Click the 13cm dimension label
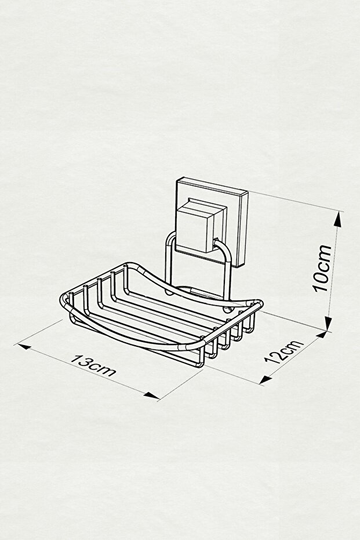pyautogui.click(x=93, y=365)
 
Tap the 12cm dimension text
pyautogui.click(x=285, y=351)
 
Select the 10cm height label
pyautogui.click(x=322, y=269)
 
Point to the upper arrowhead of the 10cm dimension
pyautogui.click(x=339, y=219)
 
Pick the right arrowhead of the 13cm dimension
pyautogui.click(x=152, y=396)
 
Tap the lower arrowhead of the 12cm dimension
pyautogui.click(x=264, y=379)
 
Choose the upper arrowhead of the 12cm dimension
pyautogui.click(x=322, y=334)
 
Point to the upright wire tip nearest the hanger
pyautogui.click(x=126, y=266)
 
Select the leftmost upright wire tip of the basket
pyautogui.click(x=71, y=293)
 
